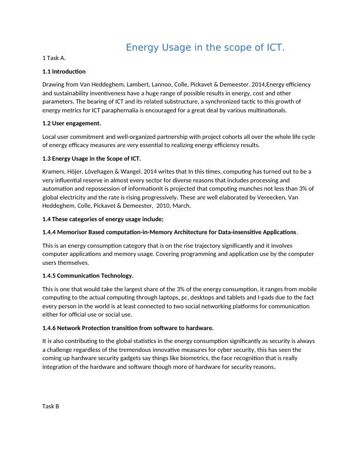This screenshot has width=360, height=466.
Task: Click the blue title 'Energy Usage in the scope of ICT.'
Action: click(x=205, y=48)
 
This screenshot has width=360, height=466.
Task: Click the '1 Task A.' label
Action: click(x=54, y=58)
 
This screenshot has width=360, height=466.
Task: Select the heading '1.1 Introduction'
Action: click(x=64, y=71)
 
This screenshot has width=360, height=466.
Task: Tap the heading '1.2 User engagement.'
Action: click(x=72, y=124)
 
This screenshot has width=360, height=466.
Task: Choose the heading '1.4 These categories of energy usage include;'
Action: click(x=103, y=219)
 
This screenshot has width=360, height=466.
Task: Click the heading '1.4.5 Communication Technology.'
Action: click(x=88, y=275)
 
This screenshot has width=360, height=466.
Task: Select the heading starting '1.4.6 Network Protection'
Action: click(x=128, y=328)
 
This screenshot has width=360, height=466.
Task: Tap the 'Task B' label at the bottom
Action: click(x=51, y=406)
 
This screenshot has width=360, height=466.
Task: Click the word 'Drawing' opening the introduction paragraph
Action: click(x=54, y=85)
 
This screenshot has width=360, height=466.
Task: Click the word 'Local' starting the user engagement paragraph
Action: click(x=51, y=137)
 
